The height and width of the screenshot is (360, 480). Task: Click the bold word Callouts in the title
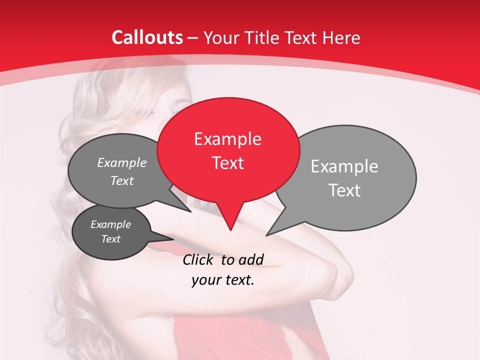[147, 37]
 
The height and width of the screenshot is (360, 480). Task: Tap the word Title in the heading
[263, 37]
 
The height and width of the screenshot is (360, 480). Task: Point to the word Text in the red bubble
[228, 162]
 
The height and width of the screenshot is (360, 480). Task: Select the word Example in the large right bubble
[344, 166]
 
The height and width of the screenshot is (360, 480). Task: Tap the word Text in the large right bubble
[345, 190]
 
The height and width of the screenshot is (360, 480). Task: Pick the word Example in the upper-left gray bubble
[121, 162]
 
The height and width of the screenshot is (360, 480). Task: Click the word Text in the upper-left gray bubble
[122, 180]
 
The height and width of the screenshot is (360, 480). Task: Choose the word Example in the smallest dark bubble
[110, 224]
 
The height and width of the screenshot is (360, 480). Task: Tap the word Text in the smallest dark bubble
[110, 239]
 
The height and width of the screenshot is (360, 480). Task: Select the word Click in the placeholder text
[198, 259]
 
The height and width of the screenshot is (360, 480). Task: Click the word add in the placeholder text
[251, 259]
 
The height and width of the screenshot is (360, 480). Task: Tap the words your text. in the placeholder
[222, 280]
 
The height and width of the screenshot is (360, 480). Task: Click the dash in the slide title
[193, 37]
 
